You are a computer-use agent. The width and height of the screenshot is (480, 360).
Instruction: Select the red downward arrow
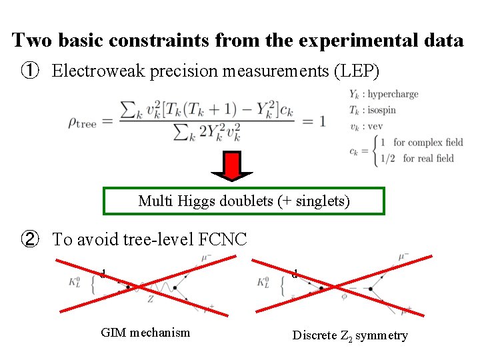click(231, 167)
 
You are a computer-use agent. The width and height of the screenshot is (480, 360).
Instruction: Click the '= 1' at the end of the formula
click(315, 121)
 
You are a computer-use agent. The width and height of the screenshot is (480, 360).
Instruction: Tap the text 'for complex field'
click(427, 142)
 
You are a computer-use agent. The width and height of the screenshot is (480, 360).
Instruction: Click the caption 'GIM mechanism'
click(145, 332)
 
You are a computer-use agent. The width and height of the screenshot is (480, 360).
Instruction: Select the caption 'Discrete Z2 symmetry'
click(349, 335)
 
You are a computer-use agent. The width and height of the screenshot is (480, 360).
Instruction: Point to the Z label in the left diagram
click(151, 300)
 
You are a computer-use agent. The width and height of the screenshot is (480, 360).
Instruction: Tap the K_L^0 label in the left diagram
click(87, 283)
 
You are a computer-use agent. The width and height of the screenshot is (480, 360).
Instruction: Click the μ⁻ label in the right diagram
click(404, 255)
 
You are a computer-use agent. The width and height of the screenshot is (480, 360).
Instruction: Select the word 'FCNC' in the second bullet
click(223, 239)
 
